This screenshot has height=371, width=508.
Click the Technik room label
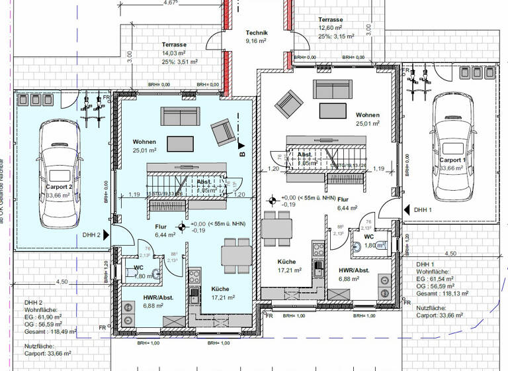(x=256, y=32)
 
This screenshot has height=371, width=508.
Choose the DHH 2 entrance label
(x=91, y=235)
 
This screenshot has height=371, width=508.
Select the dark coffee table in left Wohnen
(x=181, y=144)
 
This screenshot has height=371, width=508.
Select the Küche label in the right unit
(x=288, y=262)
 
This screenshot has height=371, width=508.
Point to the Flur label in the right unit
(x=343, y=198)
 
